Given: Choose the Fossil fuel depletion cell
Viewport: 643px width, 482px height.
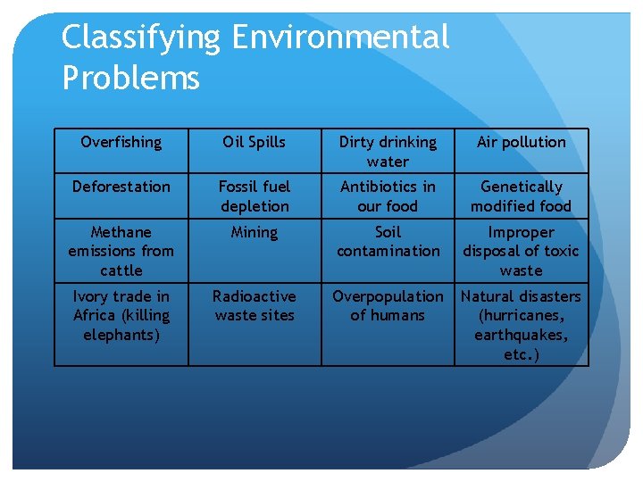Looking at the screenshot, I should [x=255, y=196].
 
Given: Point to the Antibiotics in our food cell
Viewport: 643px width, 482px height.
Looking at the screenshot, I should [x=388, y=196].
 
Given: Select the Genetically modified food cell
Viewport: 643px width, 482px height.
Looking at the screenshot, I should [x=522, y=196].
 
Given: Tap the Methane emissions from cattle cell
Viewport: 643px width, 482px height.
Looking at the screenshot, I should [x=121, y=251].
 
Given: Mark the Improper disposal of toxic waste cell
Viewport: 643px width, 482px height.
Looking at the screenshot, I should [x=522, y=251].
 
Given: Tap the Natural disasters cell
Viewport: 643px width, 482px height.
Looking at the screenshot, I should [x=522, y=325].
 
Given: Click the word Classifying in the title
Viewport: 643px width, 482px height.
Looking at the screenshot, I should [x=140, y=38].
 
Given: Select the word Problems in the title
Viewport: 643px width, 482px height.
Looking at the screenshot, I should [x=130, y=78].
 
